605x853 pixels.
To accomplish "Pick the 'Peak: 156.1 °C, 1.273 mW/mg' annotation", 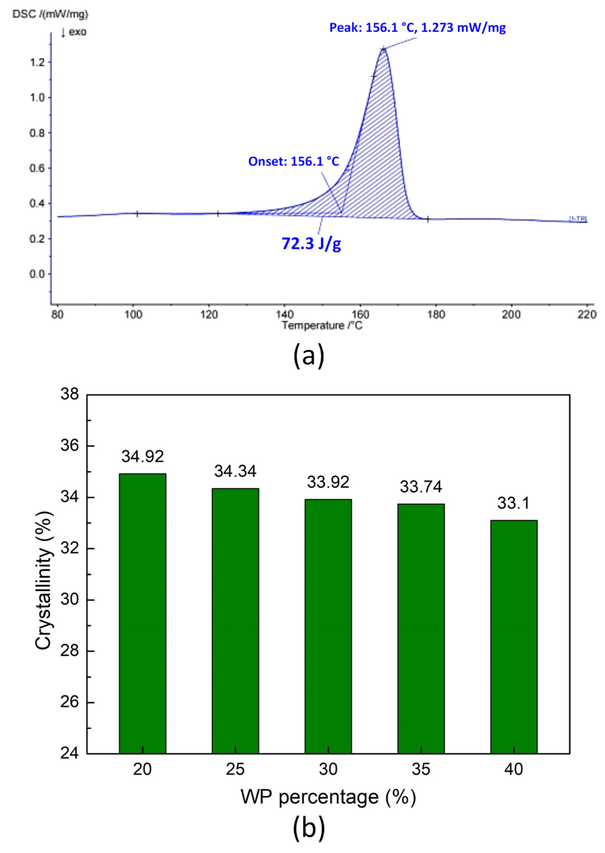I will [x=417, y=28].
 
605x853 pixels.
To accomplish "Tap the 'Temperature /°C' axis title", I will [x=322, y=325].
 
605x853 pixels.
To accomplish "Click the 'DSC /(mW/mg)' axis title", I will [x=50, y=14].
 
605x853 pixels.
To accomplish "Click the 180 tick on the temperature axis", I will [x=436, y=315].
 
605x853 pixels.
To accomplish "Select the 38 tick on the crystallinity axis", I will [x=70, y=394].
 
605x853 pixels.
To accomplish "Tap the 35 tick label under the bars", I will [x=421, y=769].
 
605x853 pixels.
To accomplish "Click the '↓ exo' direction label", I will [x=74, y=32].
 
